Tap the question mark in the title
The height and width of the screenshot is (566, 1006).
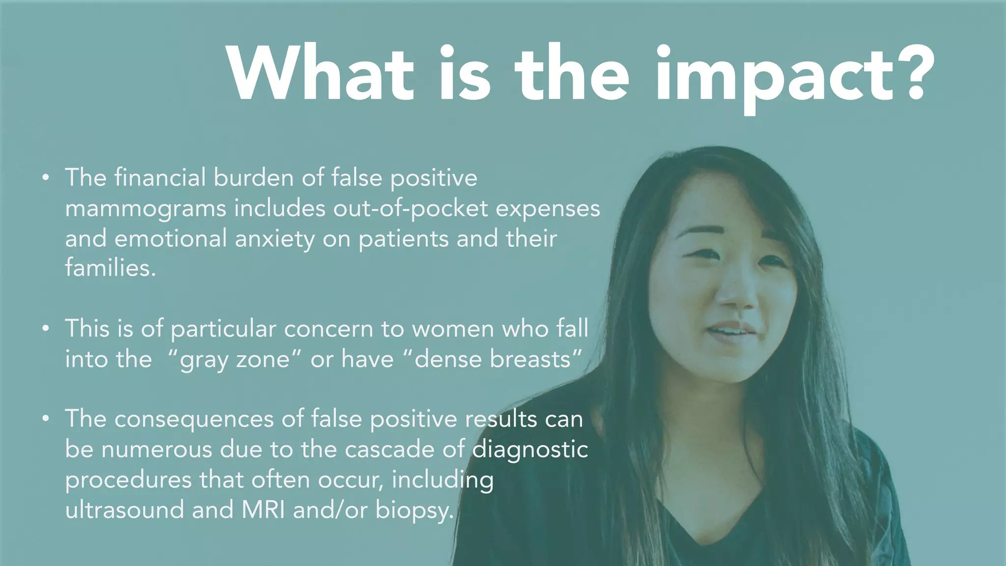(913, 74)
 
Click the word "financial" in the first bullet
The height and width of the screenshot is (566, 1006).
(160, 177)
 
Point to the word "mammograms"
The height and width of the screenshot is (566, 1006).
(145, 208)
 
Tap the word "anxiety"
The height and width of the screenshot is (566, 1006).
(275, 240)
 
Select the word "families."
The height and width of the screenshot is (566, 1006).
(111, 268)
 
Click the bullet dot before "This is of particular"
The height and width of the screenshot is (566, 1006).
(46, 328)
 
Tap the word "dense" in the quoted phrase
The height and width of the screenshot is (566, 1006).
(448, 359)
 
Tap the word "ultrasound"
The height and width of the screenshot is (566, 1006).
(125, 510)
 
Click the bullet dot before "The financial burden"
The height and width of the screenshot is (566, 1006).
(46, 177)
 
